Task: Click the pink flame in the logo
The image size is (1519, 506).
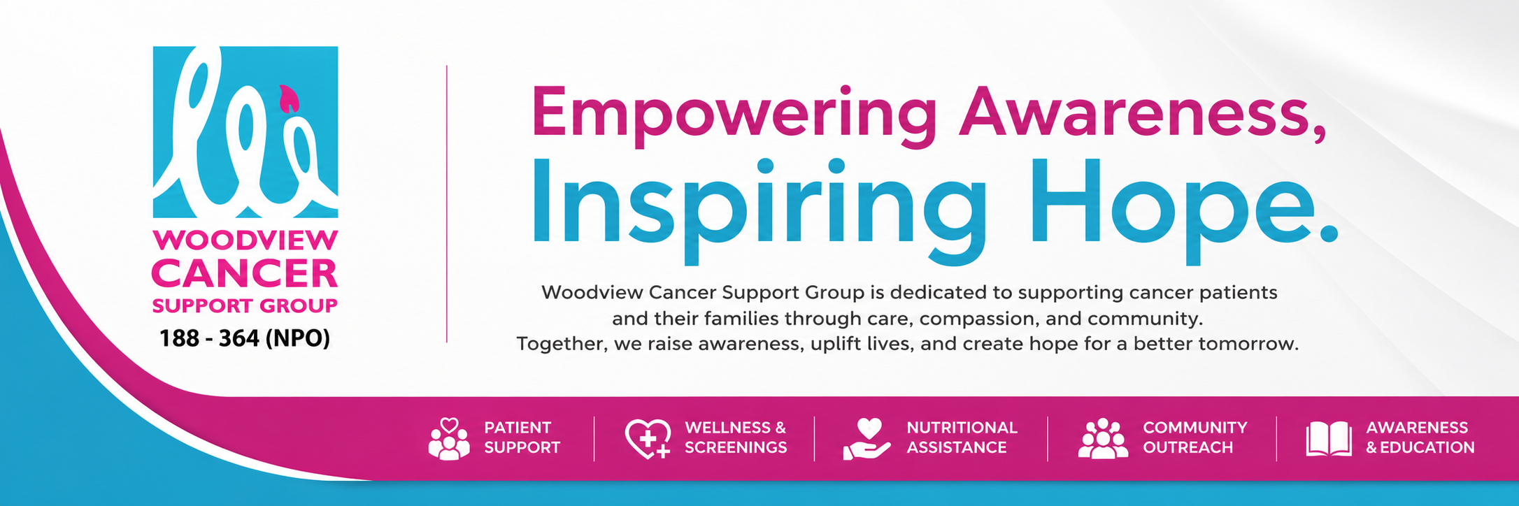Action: [x=288, y=99]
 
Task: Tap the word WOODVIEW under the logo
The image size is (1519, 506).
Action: [x=245, y=240]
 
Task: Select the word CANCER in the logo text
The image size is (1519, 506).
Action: [x=245, y=274]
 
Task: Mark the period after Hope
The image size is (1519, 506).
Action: [x=1327, y=231]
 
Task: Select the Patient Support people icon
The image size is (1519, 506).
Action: [x=449, y=439]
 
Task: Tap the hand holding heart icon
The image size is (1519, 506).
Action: [x=867, y=439]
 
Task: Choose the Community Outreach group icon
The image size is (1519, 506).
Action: [x=1103, y=439]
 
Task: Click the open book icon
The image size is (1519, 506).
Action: [x=1329, y=440]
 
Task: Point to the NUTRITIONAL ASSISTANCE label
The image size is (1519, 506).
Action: [x=962, y=438]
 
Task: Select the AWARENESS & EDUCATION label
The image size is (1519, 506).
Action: [x=1420, y=438]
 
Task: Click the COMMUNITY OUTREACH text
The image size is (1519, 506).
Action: [x=1195, y=438]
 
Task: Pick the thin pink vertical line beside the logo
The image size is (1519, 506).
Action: [x=447, y=203]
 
